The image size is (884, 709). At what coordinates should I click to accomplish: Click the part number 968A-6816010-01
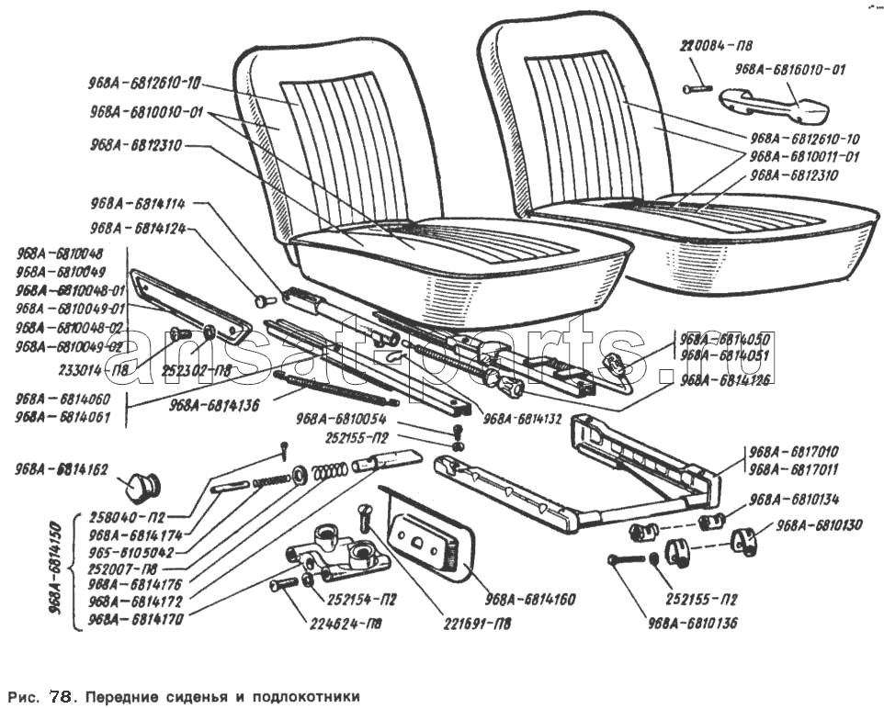(789, 69)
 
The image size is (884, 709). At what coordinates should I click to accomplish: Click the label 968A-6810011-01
(805, 156)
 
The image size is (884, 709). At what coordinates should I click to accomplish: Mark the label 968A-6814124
(138, 228)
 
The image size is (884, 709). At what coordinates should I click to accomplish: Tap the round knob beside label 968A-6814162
(142, 483)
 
